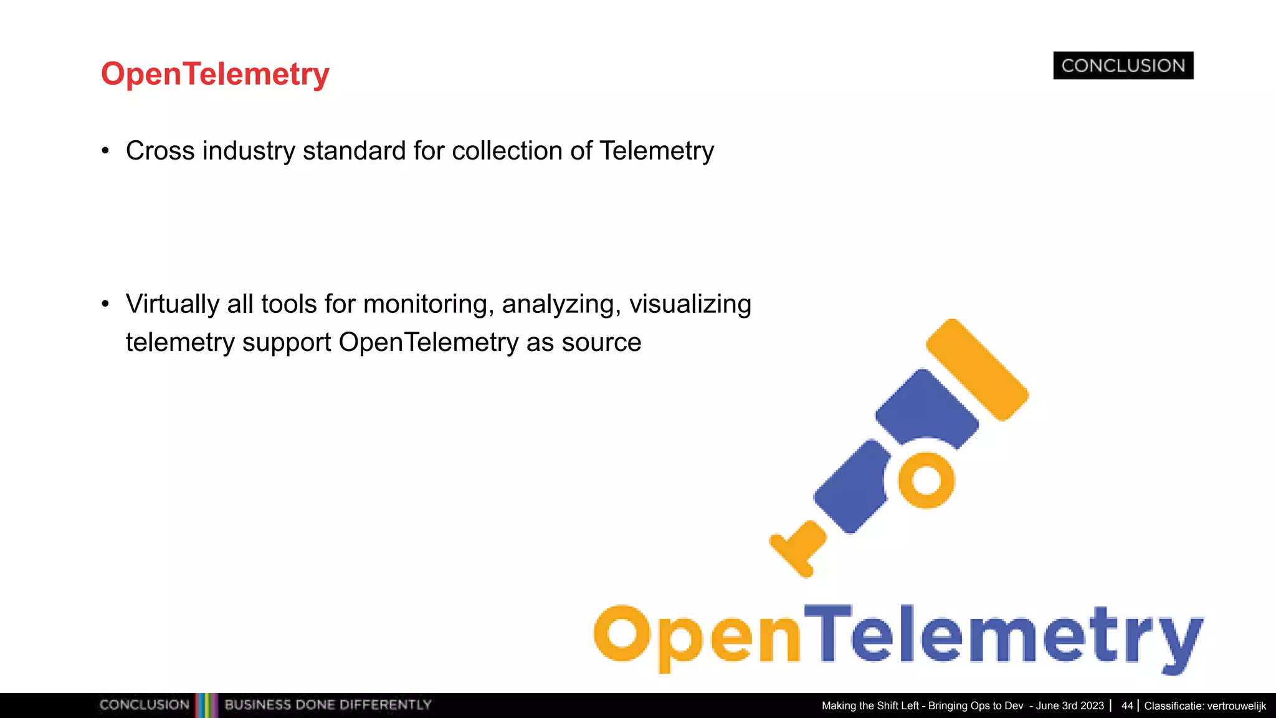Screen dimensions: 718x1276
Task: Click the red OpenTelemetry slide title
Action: [215, 74]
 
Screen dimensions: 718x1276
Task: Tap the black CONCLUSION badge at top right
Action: [1123, 65]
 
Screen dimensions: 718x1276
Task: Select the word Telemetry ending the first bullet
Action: [657, 151]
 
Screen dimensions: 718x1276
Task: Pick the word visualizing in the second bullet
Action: [690, 304]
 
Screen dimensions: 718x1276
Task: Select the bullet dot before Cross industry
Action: [105, 151]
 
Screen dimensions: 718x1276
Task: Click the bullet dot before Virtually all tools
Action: [105, 304]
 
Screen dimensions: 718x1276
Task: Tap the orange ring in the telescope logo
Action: [926, 481]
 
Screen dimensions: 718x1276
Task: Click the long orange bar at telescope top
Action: [976, 369]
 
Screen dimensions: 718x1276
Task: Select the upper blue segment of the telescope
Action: [926, 408]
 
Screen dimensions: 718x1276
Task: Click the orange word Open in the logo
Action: [697, 636]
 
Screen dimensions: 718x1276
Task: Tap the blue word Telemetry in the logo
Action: [1003, 636]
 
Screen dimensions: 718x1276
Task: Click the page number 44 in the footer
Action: [1126, 706]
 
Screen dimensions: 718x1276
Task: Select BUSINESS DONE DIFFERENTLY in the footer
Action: [328, 705]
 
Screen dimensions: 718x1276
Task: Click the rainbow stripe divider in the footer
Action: [206, 705]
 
